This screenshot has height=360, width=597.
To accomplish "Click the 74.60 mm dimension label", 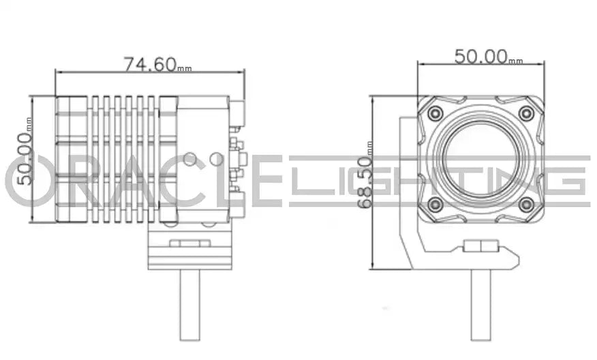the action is [x=157, y=64].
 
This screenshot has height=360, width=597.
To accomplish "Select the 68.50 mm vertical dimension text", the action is [x=366, y=175].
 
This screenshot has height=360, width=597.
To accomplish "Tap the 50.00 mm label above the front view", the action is [x=489, y=57].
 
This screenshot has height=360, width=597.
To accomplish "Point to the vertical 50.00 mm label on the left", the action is [x=25, y=151].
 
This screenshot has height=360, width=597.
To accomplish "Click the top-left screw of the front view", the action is [x=435, y=113].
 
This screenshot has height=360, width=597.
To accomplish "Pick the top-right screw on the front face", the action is [x=526, y=113].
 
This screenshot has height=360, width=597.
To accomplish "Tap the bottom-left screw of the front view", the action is [x=435, y=205].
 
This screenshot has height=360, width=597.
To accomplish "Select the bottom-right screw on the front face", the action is [x=526, y=205].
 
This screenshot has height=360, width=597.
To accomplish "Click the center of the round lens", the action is [x=480, y=160].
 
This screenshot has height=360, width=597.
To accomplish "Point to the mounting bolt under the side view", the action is [x=189, y=305].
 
